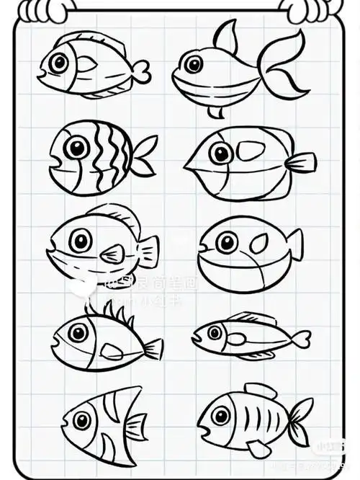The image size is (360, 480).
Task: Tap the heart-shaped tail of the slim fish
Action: (302, 336)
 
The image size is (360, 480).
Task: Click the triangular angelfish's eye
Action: (83, 420)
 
